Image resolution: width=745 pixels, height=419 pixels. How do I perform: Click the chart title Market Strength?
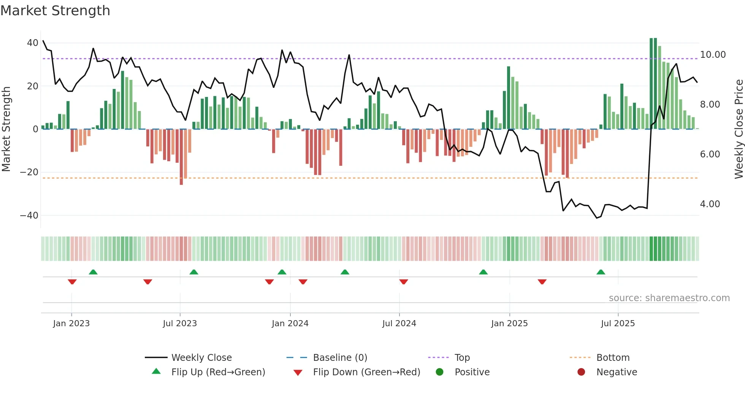tap(55, 11)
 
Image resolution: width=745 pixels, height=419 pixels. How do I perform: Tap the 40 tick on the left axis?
tap(32, 43)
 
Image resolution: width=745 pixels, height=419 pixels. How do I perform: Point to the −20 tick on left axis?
tap(29, 172)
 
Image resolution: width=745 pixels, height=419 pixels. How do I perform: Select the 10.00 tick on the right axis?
tap(713, 55)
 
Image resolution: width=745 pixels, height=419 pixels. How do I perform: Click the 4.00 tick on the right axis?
tap(710, 204)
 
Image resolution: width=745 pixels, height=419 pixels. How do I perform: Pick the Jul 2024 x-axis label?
tap(399, 324)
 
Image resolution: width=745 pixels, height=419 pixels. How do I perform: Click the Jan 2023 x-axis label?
tap(71, 324)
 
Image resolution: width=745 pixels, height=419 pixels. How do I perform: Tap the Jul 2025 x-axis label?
tap(618, 324)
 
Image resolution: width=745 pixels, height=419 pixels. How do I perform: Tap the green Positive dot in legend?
tap(440, 372)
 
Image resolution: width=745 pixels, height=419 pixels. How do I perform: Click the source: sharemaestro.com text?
tap(669, 298)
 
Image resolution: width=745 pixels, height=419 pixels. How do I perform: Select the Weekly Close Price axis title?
tap(739, 129)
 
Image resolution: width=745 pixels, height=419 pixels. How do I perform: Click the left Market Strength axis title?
tap(6, 129)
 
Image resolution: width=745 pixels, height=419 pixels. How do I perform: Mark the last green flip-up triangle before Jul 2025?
tap(601, 272)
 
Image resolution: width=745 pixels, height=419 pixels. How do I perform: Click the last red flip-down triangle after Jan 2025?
tap(542, 282)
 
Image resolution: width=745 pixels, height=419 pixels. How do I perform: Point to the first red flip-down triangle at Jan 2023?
tap(72, 282)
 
